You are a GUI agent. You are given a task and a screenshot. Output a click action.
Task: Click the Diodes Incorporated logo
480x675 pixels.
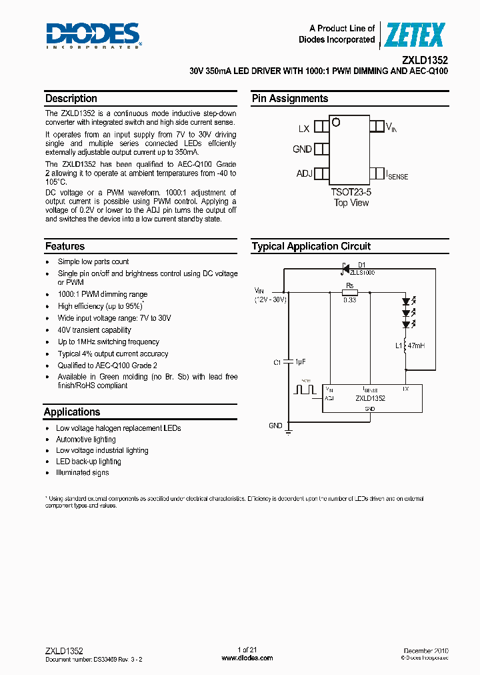click(x=93, y=35)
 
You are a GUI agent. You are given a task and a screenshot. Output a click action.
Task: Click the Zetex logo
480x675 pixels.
click(x=414, y=35)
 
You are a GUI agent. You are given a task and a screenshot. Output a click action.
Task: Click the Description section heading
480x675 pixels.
click(x=71, y=99)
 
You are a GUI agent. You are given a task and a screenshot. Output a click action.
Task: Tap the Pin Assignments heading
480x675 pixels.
click(x=290, y=99)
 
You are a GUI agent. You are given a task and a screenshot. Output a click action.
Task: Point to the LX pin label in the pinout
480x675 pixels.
click(x=303, y=128)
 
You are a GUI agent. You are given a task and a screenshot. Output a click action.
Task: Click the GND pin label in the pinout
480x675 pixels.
click(x=302, y=149)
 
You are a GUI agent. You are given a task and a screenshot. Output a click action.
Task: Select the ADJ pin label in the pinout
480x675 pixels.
click(x=304, y=174)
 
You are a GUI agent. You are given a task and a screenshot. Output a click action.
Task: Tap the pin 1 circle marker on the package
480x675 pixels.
click(x=337, y=123)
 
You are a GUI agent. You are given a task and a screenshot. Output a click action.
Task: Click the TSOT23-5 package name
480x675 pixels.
click(x=351, y=192)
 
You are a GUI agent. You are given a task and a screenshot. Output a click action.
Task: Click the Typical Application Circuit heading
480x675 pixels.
click(x=311, y=247)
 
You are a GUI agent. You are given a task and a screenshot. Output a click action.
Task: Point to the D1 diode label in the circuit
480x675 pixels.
click(x=362, y=265)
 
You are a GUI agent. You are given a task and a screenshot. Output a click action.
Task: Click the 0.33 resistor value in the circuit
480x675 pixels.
click(x=349, y=300)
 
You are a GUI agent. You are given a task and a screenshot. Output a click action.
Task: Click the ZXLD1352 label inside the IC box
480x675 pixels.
click(x=370, y=398)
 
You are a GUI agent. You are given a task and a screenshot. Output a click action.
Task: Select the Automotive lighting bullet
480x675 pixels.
click(x=85, y=440)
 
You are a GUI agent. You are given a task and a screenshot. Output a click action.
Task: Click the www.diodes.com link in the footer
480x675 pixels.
click(x=247, y=658)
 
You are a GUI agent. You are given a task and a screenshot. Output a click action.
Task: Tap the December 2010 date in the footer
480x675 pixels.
click(x=425, y=650)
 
